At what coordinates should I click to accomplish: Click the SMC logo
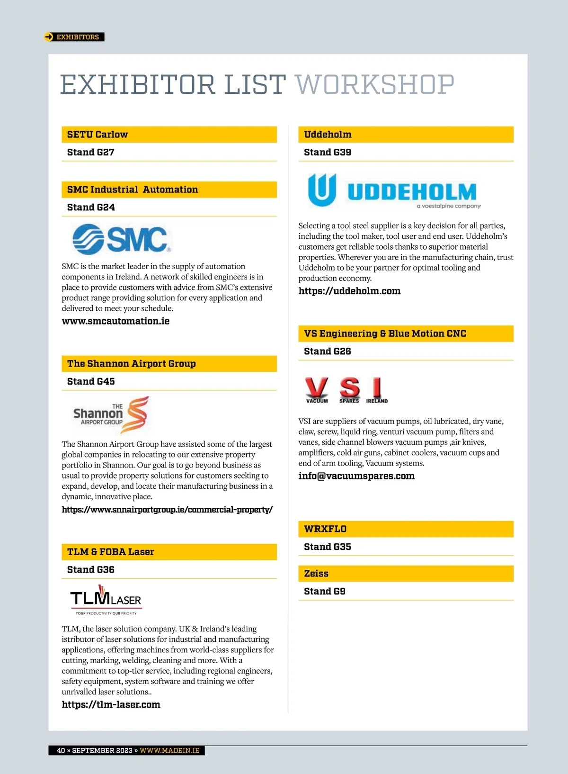click(x=121, y=239)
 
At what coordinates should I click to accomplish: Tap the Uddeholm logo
click(x=394, y=191)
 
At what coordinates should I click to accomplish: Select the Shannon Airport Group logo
click(x=111, y=415)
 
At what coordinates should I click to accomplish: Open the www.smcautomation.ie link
click(x=115, y=321)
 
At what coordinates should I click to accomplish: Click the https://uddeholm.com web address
click(x=349, y=291)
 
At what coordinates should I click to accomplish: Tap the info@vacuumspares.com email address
click(x=356, y=476)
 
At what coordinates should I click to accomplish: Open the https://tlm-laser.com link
click(x=111, y=704)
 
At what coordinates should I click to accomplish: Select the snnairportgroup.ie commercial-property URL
click(x=167, y=510)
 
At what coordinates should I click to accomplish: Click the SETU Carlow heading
click(x=98, y=135)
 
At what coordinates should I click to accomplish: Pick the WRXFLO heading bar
click(x=406, y=529)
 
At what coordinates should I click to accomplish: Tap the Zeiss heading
click(x=316, y=574)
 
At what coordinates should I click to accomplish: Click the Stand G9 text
click(x=325, y=592)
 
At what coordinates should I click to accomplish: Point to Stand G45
click(x=91, y=381)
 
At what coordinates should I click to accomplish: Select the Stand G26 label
click(x=328, y=351)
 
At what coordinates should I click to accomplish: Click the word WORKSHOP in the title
click(x=374, y=85)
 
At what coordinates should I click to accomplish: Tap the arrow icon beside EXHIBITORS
click(x=49, y=37)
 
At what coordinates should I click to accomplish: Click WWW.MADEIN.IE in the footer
click(x=169, y=750)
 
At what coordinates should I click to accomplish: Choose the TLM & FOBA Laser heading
click(x=111, y=552)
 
